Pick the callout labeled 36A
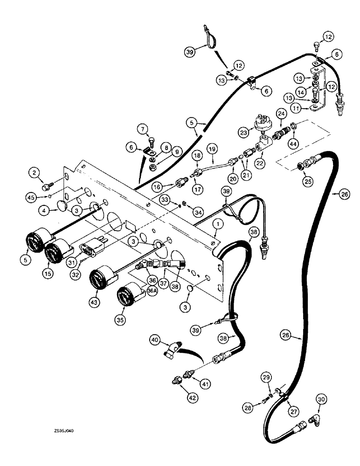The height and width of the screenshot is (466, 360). coord(151,290)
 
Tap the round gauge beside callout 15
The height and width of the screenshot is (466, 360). coord(55,254)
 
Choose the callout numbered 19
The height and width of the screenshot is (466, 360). coord(213,150)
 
